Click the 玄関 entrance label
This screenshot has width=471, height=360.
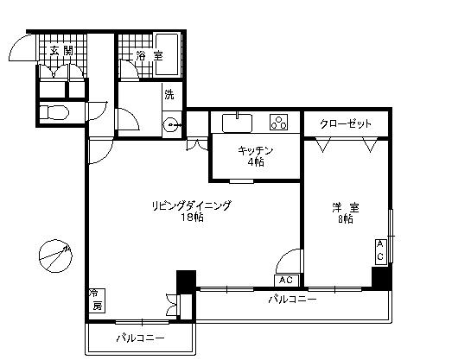(x=61, y=52)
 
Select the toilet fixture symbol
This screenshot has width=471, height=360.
(x=54, y=112)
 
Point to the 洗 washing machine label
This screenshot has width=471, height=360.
(x=169, y=95)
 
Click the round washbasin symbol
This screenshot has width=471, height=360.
(x=170, y=123)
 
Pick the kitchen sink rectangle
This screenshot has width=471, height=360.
(x=236, y=121)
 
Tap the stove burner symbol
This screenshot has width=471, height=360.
(x=279, y=122)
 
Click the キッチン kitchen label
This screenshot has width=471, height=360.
(x=257, y=150)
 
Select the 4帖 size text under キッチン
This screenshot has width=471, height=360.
(x=257, y=161)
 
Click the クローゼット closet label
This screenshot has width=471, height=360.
(x=345, y=123)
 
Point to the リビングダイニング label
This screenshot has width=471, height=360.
(x=191, y=205)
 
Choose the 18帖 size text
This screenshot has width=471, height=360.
(x=192, y=218)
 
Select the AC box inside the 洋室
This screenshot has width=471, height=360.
(x=379, y=250)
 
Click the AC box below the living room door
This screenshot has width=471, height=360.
(x=287, y=281)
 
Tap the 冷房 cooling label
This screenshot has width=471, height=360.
(x=97, y=300)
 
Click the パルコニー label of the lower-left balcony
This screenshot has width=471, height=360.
(x=140, y=338)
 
